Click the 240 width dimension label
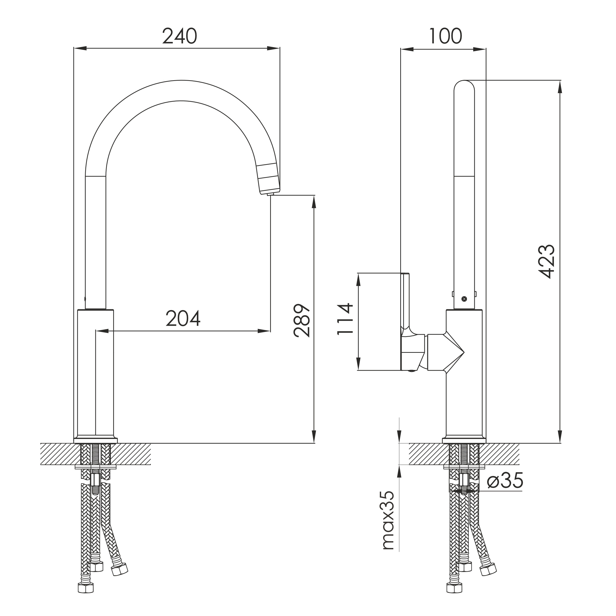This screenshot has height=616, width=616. click(x=180, y=36)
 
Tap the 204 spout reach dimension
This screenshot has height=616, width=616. click(x=183, y=318)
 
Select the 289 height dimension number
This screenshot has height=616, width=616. click(x=301, y=321)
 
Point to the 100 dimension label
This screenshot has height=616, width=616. click(x=445, y=36)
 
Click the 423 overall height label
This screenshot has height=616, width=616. click(x=546, y=261)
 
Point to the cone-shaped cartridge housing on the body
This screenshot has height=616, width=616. click(x=446, y=352)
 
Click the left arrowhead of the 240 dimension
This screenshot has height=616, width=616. click(x=80, y=48)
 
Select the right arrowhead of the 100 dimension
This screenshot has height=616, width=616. click(x=479, y=49)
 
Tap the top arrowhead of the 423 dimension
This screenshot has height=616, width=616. click(x=560, y=86)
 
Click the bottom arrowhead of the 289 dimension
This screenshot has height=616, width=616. click(x=314, y=437)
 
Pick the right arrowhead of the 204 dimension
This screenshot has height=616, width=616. click(x=264, y=331)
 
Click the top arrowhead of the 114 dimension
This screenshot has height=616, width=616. click(x=358, y=279)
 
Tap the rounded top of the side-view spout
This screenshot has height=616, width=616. click(x=464, y=85)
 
